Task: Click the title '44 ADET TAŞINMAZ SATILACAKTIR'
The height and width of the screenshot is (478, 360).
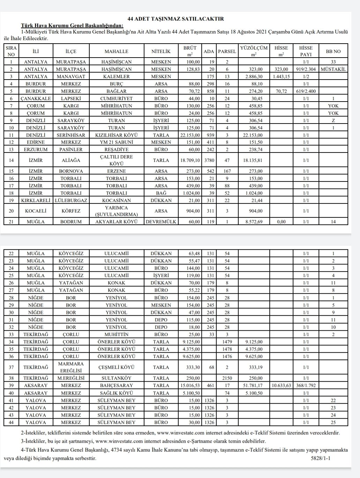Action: click(x=176, y=19)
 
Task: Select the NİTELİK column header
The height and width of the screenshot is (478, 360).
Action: click(x=161, y=51)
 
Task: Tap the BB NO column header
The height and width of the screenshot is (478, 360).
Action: click(x=333, y=51)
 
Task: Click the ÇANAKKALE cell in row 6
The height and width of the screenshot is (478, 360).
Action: click(x=36, y=98)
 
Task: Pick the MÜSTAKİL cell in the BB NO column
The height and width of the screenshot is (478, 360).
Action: click(x=333, y=69)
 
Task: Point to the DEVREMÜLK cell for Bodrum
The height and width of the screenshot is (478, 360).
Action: click(x=161, y=222)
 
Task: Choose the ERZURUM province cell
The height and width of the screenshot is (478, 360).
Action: click(x=36, y=150)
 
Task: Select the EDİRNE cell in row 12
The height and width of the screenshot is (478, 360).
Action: click(x=36, y=142)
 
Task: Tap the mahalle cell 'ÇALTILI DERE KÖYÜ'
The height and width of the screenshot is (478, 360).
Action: click(x=117, y=160)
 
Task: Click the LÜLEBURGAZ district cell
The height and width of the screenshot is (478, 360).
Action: click(x=71, y=201)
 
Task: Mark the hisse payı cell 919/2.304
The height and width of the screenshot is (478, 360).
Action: click(x=306, y=69)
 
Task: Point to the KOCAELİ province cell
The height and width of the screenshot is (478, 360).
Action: click(x=36, y=211)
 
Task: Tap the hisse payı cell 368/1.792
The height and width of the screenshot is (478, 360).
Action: click(x=306, y=386)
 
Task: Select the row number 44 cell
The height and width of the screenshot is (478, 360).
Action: click(x=12, y=422)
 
